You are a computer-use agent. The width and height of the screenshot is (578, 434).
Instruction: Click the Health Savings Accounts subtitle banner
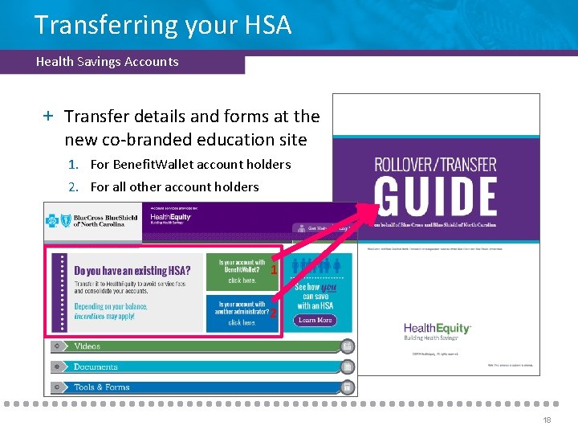coord(108,62)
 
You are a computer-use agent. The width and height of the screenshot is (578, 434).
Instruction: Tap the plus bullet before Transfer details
coord(49,117)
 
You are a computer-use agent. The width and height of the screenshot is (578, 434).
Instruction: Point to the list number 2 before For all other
coord(73,187)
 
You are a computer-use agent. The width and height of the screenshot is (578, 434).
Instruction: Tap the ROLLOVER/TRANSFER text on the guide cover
coord(435,166)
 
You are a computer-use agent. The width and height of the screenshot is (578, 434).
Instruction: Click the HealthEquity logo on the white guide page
coord(437,330)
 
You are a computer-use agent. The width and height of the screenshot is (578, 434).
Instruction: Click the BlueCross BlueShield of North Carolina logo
coord(92,220)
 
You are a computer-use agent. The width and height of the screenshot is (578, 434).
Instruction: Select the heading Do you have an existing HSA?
coord(132,271)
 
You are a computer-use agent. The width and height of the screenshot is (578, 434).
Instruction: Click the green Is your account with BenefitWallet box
coord(242,272)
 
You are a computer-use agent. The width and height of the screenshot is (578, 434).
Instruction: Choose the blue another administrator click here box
coord(242,313)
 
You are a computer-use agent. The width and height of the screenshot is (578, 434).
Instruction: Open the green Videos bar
coord(201,346)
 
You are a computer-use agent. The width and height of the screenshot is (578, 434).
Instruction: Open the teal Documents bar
coord(201,366)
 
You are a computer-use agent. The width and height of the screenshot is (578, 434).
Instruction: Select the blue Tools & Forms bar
coord(201,387)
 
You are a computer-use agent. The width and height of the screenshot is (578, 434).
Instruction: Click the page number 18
coord(546,420)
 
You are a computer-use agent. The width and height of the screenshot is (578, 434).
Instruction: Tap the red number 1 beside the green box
coord(274,271)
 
